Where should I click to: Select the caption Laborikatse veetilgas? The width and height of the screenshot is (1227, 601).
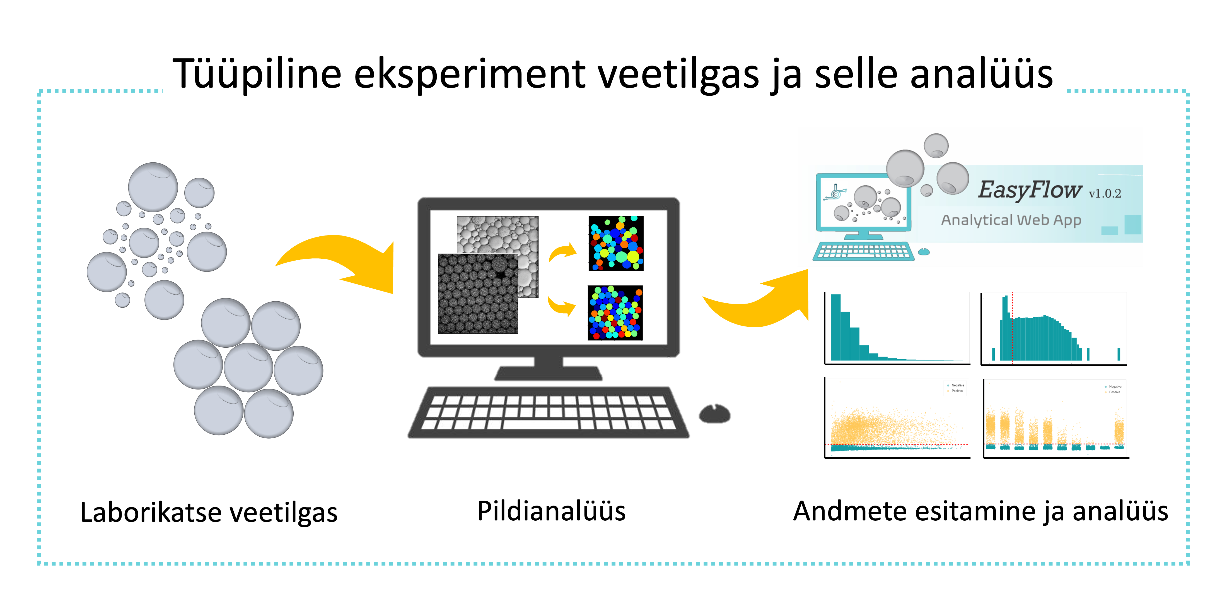[x=209, y=512]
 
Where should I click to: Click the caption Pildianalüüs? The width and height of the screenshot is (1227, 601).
[x=551, y=511]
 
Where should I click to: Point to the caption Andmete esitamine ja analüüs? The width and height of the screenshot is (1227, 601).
[x=980, y=511]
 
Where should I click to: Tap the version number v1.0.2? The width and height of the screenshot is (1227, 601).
[x=1105, y=194]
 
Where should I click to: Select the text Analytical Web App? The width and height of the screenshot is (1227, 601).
[x=1011, y=220]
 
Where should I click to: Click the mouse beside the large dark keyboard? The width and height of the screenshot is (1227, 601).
[x=714, y=414]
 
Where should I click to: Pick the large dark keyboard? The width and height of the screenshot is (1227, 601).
[x=548, y=413]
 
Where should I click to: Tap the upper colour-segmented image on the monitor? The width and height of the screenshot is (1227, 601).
[x=616, y=244]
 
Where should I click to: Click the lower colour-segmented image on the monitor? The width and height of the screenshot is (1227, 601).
[x=615, y=313]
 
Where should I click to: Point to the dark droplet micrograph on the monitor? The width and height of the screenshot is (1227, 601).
[x=478, y=293]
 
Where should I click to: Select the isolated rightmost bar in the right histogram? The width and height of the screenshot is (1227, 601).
[x=1119, y=354]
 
